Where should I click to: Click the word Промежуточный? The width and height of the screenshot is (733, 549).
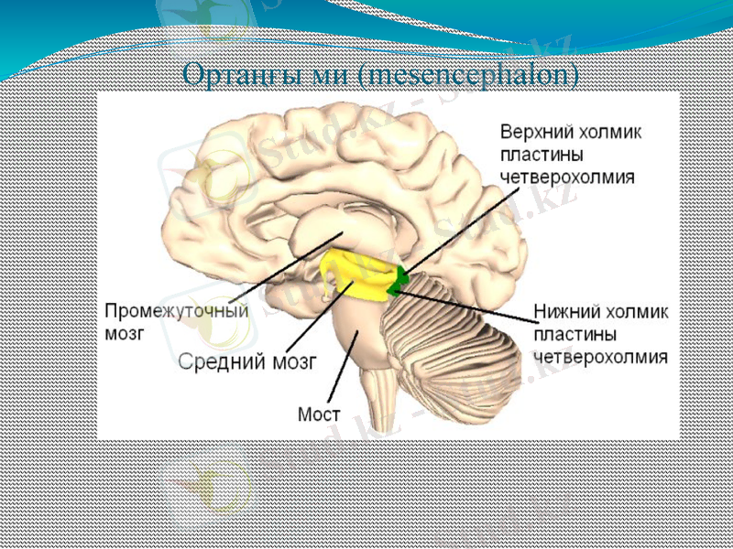pos(177,311)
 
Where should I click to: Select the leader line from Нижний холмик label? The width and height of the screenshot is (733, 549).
pos(467,304)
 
